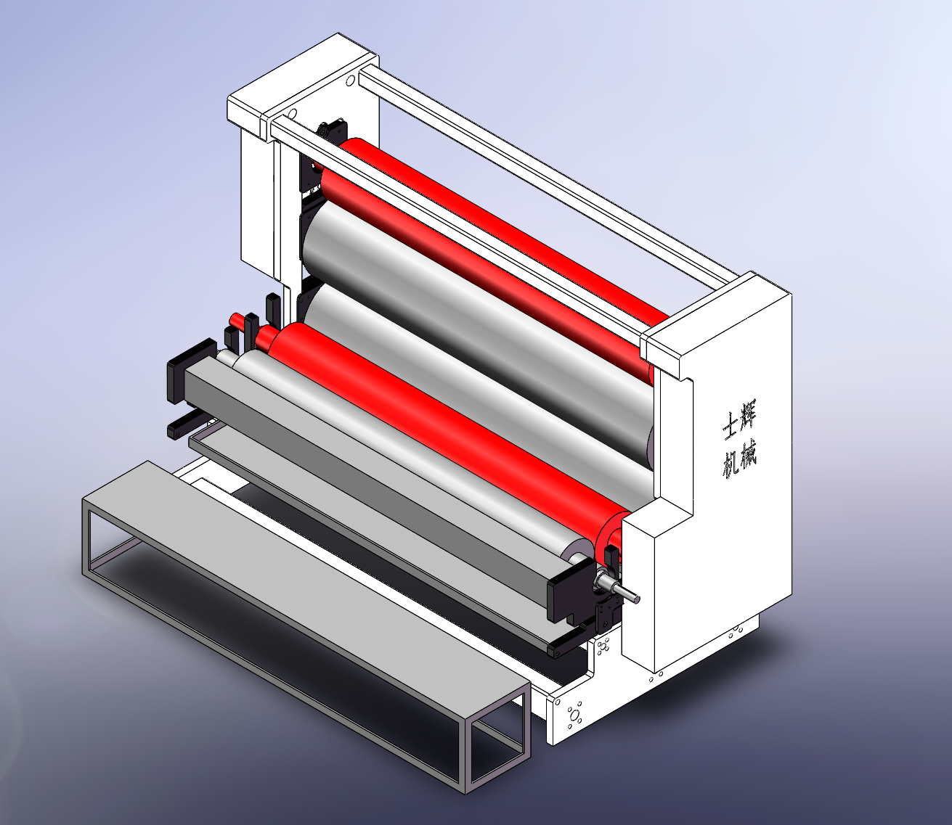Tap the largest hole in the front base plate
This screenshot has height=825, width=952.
pyautogui.click(x=574, y=715)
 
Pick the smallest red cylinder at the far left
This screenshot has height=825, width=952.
pyautogui.click(x=237, y=320)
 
